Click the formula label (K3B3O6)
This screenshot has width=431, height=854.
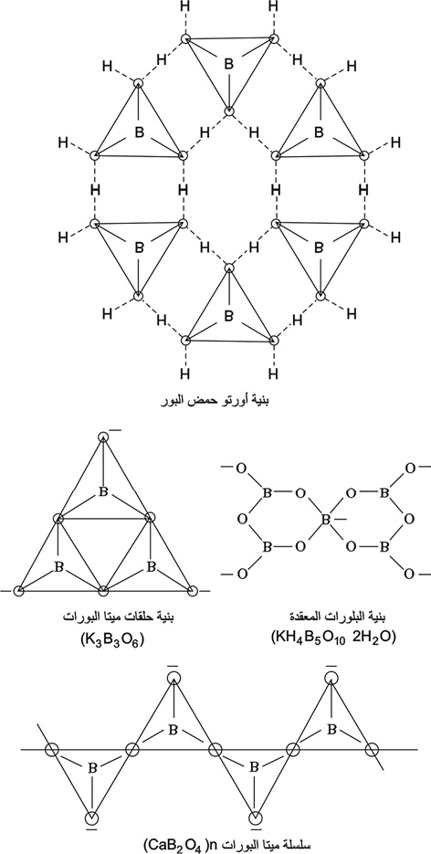click(x=111, y=637)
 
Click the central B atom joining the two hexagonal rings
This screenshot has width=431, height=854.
click(x=325, y=520)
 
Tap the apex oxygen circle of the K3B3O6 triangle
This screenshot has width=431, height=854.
click(x=104, y=437)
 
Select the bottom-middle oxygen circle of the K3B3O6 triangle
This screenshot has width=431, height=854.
click(x=104, y=590)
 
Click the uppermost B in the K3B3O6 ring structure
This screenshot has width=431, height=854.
click(x=103, y=491)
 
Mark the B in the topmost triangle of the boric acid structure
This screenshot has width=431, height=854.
click(x=229, y=64)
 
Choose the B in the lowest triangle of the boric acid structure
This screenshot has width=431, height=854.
click(x=229, y=315)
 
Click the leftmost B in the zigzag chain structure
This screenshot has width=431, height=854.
click(x=92, y=768)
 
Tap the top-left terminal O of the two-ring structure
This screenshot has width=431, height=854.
click(x=241, y=467)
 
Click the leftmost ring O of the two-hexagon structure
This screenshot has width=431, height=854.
click(x=241, y=520)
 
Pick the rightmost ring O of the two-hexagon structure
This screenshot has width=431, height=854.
click(x=409, y=520)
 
